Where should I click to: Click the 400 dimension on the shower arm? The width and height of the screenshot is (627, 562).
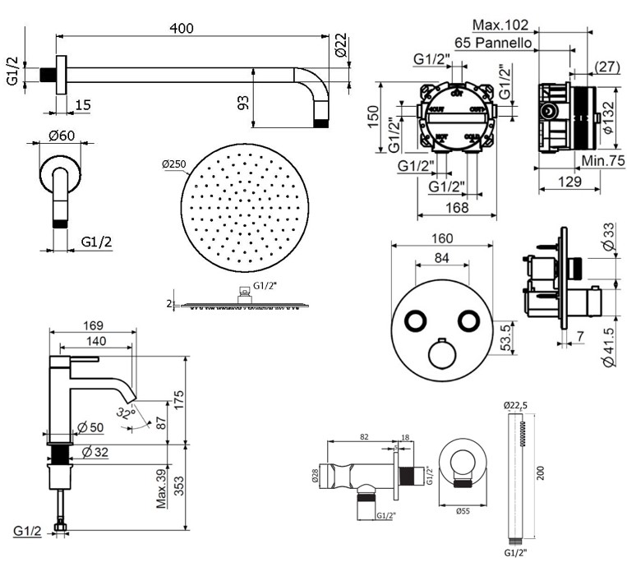tap(182, 28)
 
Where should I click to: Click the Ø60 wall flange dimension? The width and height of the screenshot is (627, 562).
tap(52, 135)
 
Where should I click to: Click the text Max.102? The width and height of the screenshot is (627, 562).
tap(523, 25)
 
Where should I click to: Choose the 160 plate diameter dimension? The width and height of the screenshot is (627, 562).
tap(443, 239)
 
